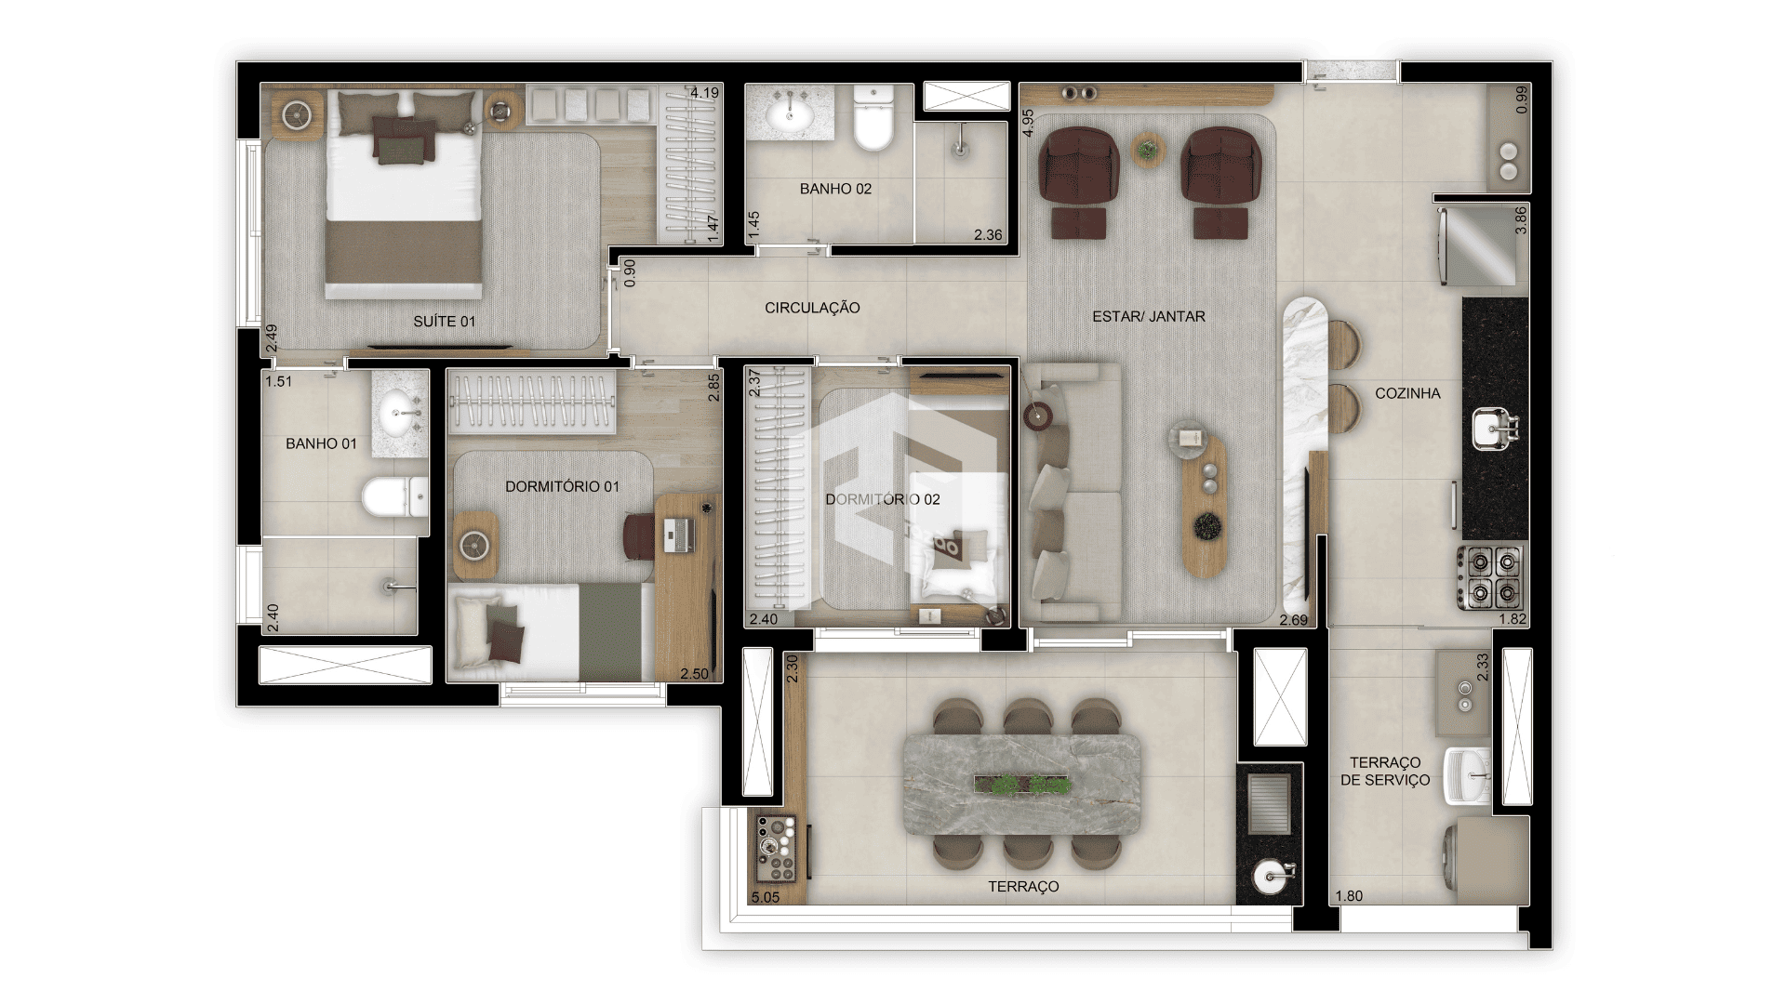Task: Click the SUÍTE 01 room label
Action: [x=445, y=322]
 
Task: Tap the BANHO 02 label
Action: [x=835, y=189]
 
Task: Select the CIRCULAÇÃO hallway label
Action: [x=812, y=308]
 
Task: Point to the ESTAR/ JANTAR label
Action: [x=1149, y=316]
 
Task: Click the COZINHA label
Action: [x=1407, y=393]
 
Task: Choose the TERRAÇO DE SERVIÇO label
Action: [x=1385, y=772]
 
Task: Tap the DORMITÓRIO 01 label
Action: [x=562, y=486]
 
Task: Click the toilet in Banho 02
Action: [x=873, y=117]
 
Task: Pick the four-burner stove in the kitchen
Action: [x=1490, y=577]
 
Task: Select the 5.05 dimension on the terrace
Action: [x=765, y=897]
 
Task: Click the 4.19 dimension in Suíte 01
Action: [x=704, y=93]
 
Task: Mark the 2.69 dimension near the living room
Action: [x=1293, y=620]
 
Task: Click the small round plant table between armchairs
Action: [x=1148, y=149]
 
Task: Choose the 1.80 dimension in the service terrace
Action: [x=1349, y=896]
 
